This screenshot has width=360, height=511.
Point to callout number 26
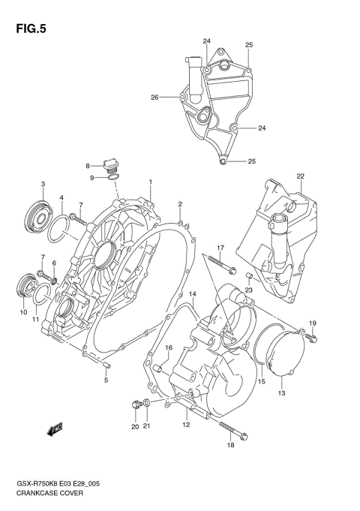[x=154, y=97]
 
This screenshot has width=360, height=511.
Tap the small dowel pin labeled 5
[x=106, y=365]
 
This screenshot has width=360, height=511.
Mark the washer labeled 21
[x=146, y=405]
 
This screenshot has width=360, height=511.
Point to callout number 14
[x=193, y=293]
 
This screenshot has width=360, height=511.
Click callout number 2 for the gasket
[x=180, y=204]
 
